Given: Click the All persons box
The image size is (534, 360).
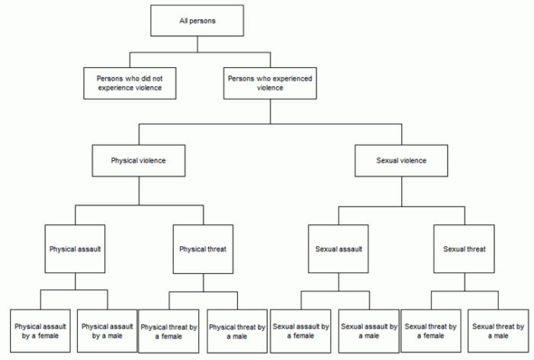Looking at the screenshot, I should tap(196, 21).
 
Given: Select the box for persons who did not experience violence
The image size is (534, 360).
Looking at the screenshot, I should tap(130, 83).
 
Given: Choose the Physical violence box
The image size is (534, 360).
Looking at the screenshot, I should tap(138, 161).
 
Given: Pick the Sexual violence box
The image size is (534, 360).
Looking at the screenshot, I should tap(401, 161).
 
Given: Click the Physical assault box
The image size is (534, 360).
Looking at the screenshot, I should tap(76, 249).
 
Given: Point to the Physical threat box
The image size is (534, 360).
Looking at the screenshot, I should tap(202, 249).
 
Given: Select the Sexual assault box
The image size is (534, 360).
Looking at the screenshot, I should tap(338, 249).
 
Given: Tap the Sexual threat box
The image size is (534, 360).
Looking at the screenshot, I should tap(464, 249).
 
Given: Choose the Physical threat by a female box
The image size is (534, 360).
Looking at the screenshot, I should tap(169, 330).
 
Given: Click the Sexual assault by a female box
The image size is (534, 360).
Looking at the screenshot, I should tap(301, 330).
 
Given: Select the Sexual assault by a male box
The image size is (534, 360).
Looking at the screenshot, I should tap(368, 330).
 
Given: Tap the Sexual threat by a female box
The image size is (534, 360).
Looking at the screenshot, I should tap(432, 330).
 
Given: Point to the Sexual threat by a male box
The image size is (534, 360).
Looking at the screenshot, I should tap(498, 330).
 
